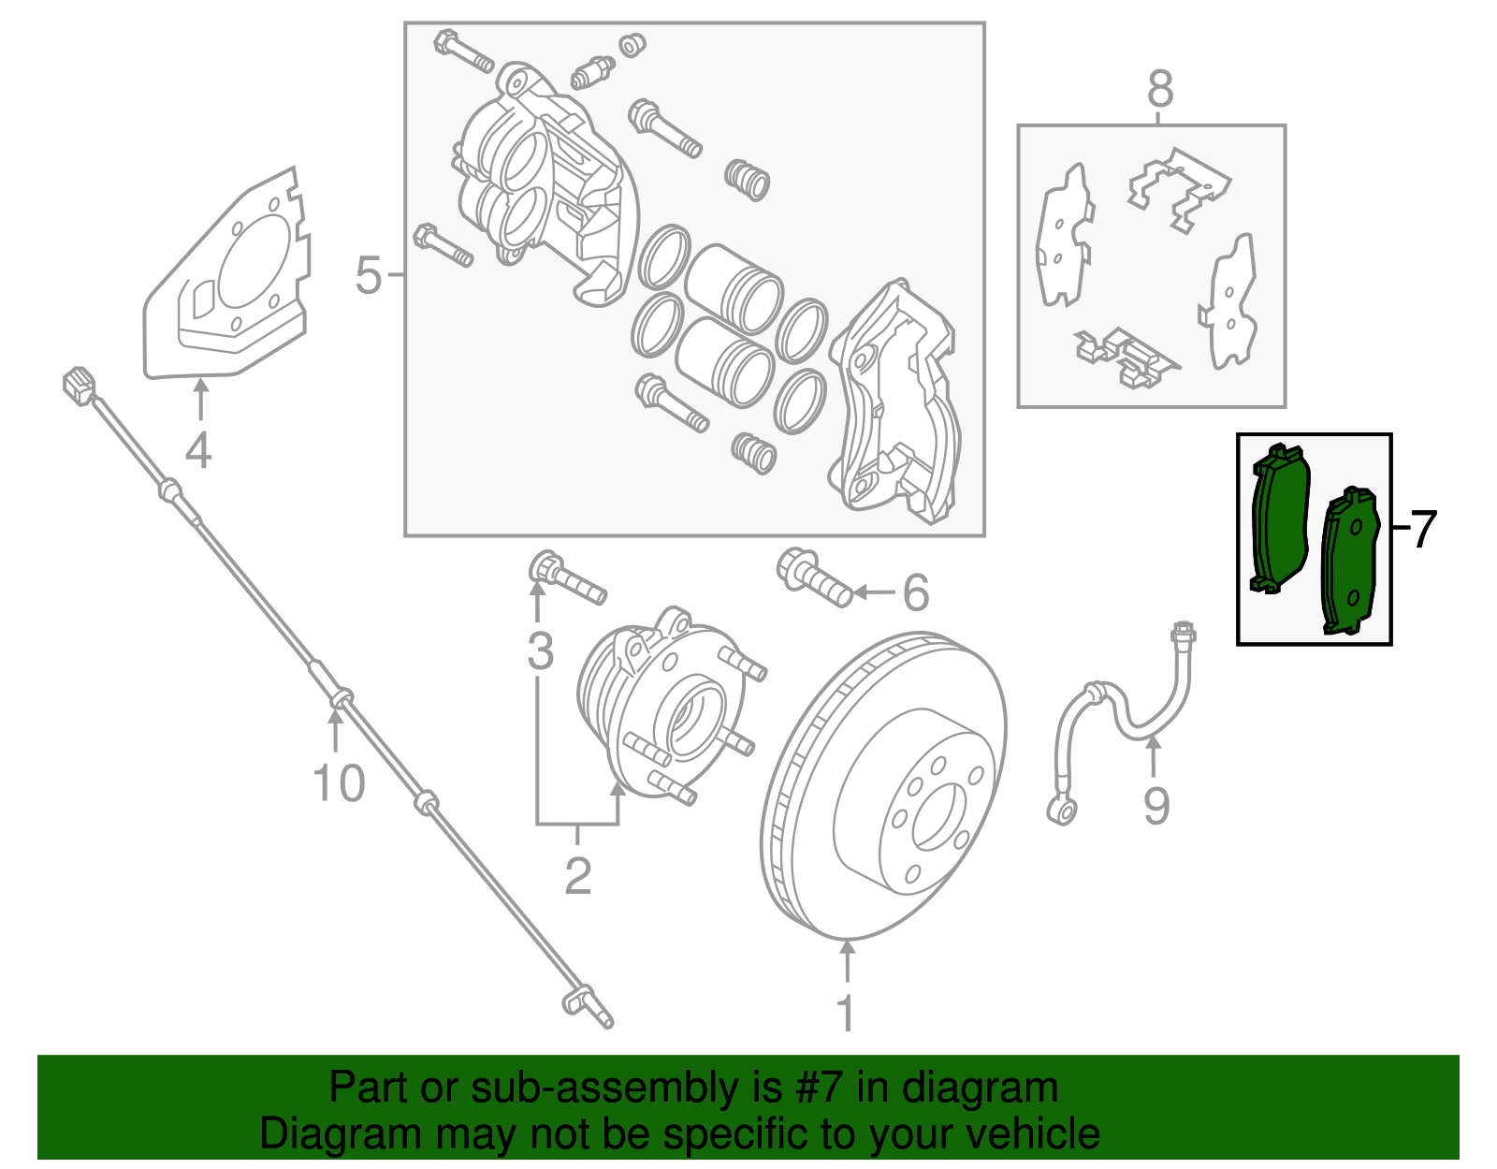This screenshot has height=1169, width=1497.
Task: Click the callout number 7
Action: pos(1422,530)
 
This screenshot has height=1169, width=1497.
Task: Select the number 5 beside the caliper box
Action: pos(369,276)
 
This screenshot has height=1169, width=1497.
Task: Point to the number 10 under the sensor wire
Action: pos(338,783)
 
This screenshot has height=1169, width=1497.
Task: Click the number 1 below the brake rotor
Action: pos(846,1013)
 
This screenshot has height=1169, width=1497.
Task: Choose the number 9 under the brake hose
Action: pos(1156,806)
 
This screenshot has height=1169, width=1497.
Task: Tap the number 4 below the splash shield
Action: pos(198,450)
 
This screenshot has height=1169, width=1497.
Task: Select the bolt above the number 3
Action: pos(568,578)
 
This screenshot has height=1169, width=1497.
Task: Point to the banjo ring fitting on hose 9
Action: pos(1062,809)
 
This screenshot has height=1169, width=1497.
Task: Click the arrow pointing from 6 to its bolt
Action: pos(873,592)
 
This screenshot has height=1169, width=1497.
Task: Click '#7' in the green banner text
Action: pos(821,1089)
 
